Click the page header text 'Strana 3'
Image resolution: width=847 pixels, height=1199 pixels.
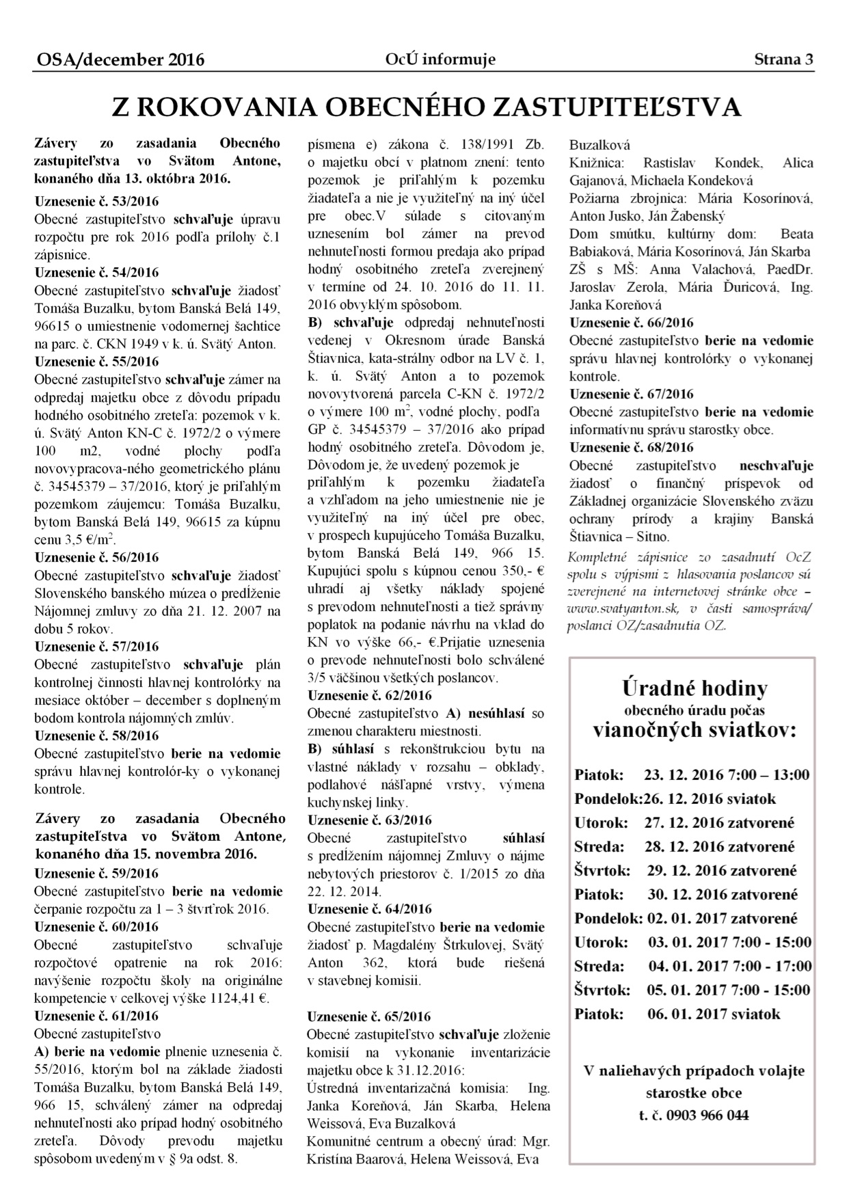[x=783, y=59]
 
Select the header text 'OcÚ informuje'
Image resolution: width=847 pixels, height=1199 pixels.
[x=440, y=59]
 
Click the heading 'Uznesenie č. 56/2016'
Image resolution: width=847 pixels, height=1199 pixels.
[x=96, y=558]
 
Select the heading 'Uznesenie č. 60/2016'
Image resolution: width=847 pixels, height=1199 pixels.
[x=96, y=927]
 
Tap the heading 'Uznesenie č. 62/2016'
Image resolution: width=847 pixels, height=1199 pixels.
[x=370, y=695]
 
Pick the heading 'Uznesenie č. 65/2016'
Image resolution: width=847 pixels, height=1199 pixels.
[x=370, y=1016]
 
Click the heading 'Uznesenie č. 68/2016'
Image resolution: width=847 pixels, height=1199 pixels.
[x=632, y=448]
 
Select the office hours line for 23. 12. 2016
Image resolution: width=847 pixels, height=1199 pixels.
[x=692, y=775]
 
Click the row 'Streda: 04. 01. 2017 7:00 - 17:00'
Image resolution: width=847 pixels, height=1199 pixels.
[x=693, y=967]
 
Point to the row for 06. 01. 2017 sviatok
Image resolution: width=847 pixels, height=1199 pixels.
[x=677, y=1014]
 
